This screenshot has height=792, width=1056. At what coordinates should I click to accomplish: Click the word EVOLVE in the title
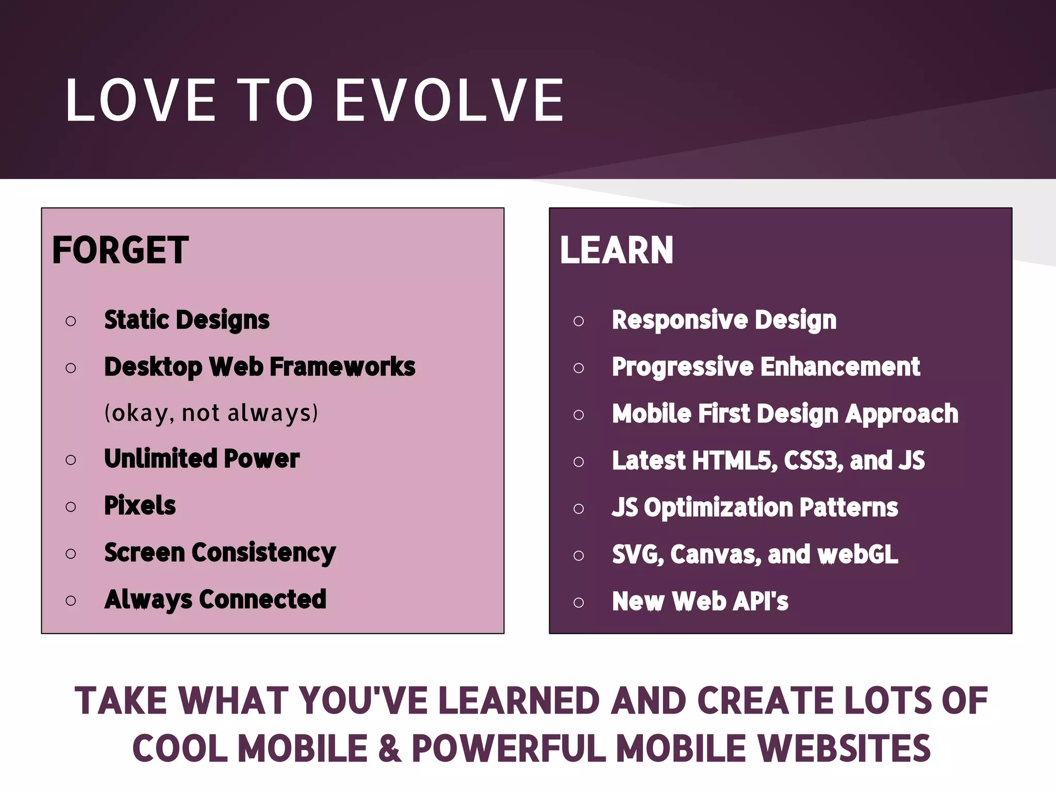click(x=450, y=100)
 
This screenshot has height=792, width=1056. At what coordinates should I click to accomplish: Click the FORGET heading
click(x=120, y=251)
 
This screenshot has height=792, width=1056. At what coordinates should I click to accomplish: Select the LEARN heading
click(x=616, y=251)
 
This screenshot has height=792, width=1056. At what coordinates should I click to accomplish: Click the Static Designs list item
click(x=187, y=320)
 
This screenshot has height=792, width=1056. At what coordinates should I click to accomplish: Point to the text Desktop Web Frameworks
click(x=259, y=367)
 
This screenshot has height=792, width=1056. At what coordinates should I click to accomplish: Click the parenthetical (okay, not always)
click(x=211, y=413)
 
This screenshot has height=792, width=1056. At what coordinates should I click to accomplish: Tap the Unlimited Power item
click(x=202, y=459)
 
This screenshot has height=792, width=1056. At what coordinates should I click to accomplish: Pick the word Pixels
click(x=140, y=506)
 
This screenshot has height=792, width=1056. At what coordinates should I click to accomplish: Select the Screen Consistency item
click(x=220, y=553)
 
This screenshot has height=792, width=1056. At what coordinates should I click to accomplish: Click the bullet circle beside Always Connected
click(x=71, y=601)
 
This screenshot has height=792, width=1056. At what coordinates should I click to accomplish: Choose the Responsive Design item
click(x=724, y=320)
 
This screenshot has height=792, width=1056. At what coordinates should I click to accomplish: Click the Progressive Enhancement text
click(x=766, y=367)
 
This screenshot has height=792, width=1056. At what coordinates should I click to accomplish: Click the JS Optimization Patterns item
click(x=755, y=508)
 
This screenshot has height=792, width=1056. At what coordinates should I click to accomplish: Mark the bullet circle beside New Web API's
click(x=579, y=602)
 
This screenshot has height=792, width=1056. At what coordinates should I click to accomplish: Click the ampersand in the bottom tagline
click(x=390, y=749)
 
